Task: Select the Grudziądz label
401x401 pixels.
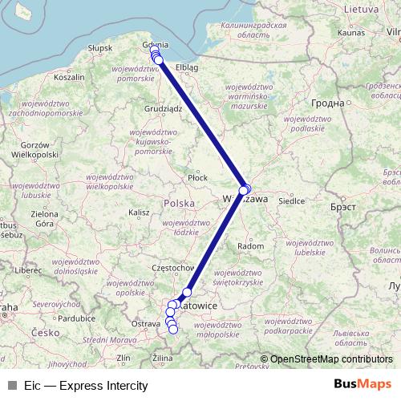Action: (x=164, y=107)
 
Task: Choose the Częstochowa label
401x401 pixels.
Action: (x=173, y=267)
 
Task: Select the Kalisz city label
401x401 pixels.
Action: (x=139, y=213)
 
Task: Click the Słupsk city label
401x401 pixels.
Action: (x=100, y=48)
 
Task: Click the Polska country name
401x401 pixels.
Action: (x=179, y=203)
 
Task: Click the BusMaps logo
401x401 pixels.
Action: (x=362, y=384)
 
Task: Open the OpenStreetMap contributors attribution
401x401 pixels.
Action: (x=331, y=359)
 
